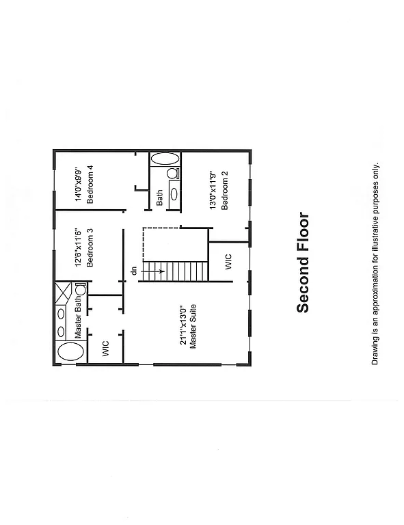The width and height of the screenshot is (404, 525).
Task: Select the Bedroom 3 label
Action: click(x=89, y=250)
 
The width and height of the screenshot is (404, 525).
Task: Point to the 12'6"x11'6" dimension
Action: click(x=78, y=250)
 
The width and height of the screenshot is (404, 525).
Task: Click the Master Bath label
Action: click(x=79, y=322)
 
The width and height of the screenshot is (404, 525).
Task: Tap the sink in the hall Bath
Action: click(x=174, y=193)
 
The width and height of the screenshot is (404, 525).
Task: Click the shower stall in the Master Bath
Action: click(x=65, y=292)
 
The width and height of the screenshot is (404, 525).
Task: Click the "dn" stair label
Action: click(x=134, y=271)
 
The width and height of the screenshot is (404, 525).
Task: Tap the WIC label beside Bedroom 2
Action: click(x=228, y=262)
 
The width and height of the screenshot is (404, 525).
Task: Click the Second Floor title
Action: click(x=303, y=263)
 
